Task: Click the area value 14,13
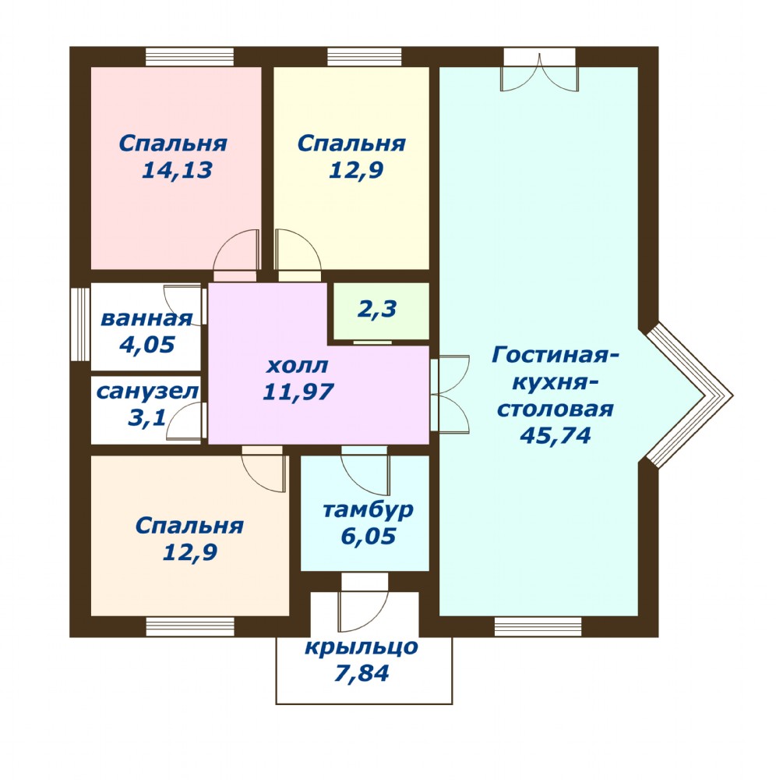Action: pos(177,171)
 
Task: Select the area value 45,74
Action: pos(555,436)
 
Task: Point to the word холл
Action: pos(297,366)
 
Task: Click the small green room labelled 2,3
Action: pos(381,311)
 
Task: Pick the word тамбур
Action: pos(368,510)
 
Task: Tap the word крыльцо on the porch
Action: pos(362,647)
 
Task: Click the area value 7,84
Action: pos(362,674)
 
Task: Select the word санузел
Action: pos(147,392)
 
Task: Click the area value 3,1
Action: pos(146,417)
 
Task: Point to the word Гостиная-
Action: pos(556,356)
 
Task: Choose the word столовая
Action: pos(556,409)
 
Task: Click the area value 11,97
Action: pos(298,392)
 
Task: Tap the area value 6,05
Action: pos(368,537)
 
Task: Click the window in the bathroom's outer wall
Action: pos(80,324)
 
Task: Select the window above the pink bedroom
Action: pos(189,57)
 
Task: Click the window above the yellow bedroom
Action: pos(364,57)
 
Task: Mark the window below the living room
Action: pos(538,626)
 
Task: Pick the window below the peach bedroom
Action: pos(190,626)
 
